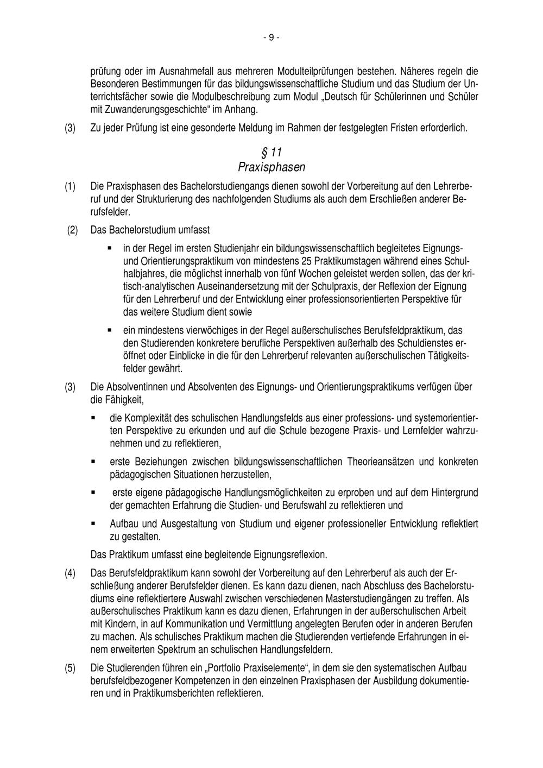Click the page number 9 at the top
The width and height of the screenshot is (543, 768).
(x=271, y=37)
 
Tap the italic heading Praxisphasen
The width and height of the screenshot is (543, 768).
(x=271, y=167)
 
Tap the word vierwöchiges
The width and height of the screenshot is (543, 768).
(x=210, y=330)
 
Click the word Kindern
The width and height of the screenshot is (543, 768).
(x=117, y=624)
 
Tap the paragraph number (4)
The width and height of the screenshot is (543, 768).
(x=70, y=573)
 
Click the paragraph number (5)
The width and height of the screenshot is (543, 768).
(x=70, y=668)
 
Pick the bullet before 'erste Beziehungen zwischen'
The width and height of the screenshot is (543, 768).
(x=93, y=461)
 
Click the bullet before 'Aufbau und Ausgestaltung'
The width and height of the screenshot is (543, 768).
(x=93, y=524)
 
